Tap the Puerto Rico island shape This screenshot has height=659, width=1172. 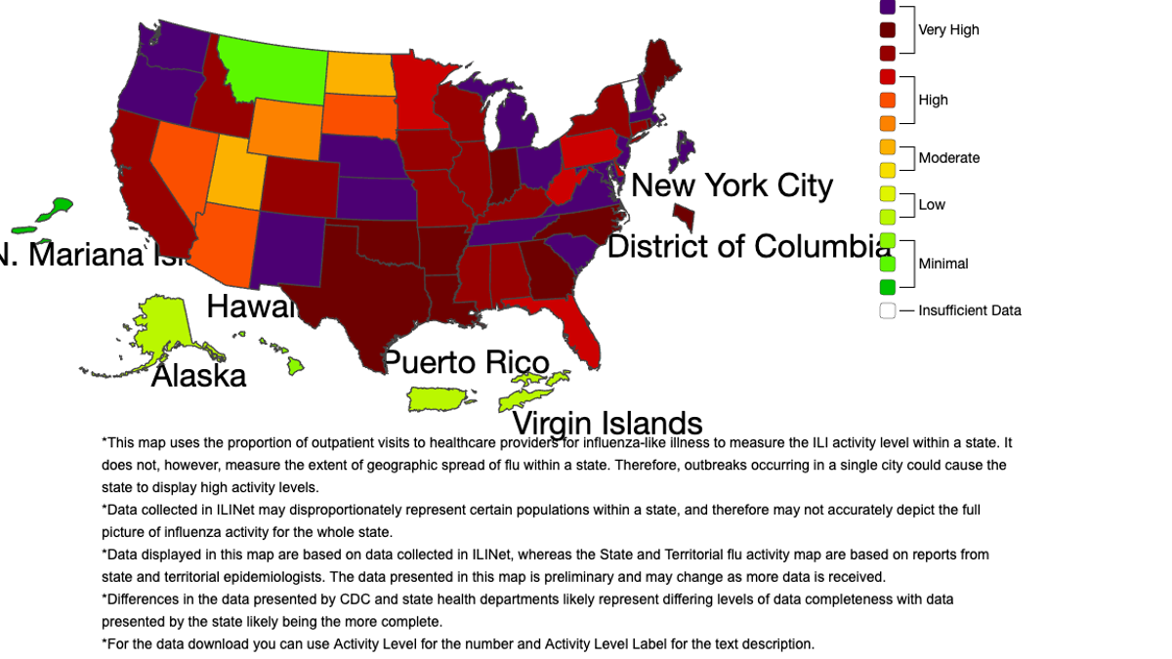tap(439, 398)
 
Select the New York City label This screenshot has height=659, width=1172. tap(732, 185)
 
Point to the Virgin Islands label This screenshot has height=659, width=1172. tap(607, 424)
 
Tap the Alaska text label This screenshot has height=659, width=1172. tap(198, 376)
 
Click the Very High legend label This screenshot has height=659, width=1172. tap(948, 30)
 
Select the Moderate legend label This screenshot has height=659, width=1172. tap(948, 158)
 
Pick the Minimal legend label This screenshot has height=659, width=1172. tap(942, 264)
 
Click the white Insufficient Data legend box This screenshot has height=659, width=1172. tap(887, 310)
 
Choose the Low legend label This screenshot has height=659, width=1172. tap(932, 205)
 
